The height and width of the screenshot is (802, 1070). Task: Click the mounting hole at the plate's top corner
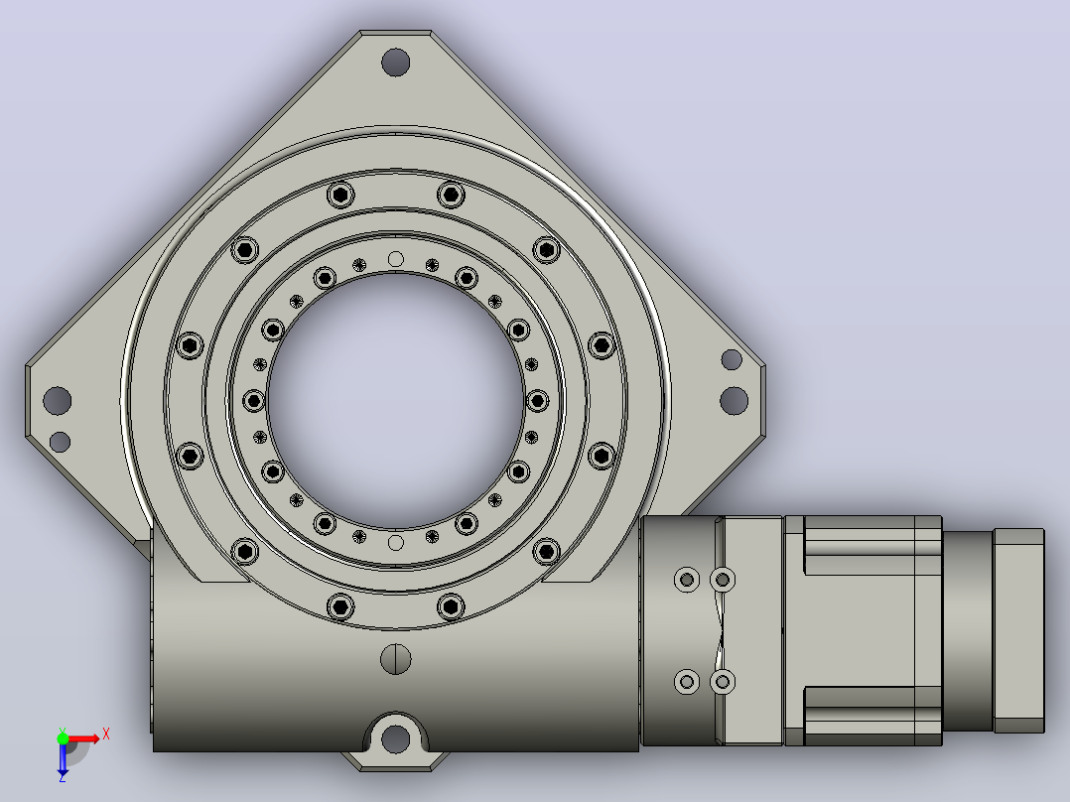click(x=395, y=63)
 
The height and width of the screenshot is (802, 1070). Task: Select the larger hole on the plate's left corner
click(x=58, y=400)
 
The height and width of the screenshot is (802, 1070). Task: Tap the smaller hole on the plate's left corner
click(x=60, y=442)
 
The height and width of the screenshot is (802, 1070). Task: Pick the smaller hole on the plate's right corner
click(x=732, y=359)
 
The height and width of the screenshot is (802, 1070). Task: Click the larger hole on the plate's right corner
click(x=734, y=400)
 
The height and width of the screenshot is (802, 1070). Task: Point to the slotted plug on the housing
click(x=395, y=659)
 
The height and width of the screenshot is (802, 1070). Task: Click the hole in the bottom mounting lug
click(x=395, y=738)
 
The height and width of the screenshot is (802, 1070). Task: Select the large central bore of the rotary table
click(x=396, y=401)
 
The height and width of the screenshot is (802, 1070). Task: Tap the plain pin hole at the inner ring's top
click(x=395, y=259)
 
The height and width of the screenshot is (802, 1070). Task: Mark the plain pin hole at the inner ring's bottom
click(x=395, y=543)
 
